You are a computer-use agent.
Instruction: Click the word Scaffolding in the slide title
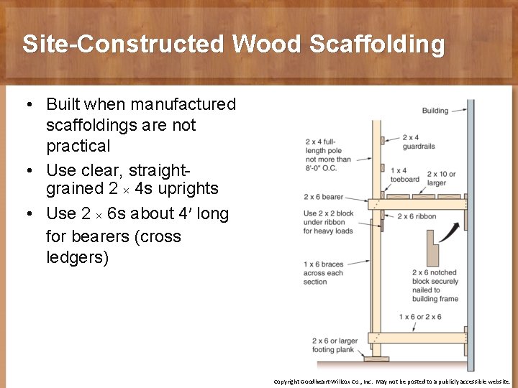[x=377, y=45]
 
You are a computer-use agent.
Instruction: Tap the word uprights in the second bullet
[x=184, y=189]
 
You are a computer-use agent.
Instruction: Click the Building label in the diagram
[x=435, y=111]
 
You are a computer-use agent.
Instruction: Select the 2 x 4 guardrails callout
[x=418, y=142]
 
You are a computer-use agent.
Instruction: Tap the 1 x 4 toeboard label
[x=404, y=175]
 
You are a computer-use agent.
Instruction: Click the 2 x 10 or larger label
[x=441, y=178]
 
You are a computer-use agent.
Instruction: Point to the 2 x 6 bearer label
[x=324, y=196]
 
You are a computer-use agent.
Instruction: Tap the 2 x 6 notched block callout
[x=435, y=286]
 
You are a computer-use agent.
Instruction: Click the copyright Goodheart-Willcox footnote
[x=391, y=382]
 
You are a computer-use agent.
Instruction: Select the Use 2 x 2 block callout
[x=327, y=223]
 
